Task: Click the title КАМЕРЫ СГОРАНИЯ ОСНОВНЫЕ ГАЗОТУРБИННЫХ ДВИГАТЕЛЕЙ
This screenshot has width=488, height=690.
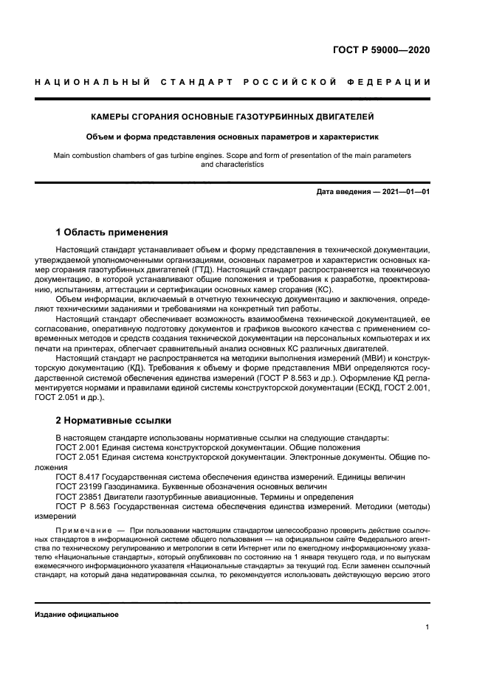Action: point(232,117)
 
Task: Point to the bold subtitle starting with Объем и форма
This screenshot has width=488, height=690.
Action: point(232,137)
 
